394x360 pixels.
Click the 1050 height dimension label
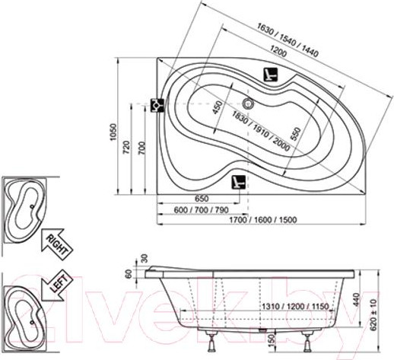(113, 132)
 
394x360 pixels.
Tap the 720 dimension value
(126, 147)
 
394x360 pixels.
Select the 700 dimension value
(142, 148)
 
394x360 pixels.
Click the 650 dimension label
(202, 198)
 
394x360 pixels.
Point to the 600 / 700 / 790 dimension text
(202, 210)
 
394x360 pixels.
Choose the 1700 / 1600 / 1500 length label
(263, 220)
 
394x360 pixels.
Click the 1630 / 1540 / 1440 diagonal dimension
(288, 40)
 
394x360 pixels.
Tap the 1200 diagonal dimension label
(278, 51)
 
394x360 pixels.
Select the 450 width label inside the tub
(218, 107)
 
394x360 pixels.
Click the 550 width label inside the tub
(295, 134)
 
